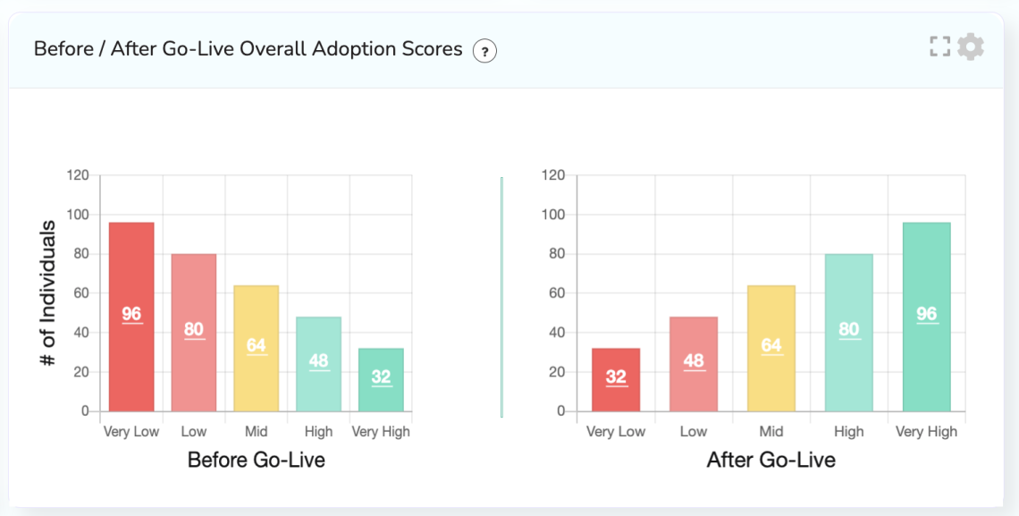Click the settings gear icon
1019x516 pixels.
(970, 47)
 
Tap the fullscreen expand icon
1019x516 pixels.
(939, 47)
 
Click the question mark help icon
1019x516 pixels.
(484, 51)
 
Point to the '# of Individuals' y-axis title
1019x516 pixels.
(48, 293)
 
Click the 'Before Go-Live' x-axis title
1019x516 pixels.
(256, 461)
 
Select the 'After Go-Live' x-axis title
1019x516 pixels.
(771, 461)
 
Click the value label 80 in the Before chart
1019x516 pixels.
(194, 329)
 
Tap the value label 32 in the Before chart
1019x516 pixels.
(382, 376)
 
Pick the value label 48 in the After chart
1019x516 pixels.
(694, 360)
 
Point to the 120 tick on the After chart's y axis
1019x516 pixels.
(553, 175)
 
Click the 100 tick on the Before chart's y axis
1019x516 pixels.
(78, 215)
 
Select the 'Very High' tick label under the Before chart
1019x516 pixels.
(381, 432)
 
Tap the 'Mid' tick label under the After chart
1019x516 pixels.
(771, 432)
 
